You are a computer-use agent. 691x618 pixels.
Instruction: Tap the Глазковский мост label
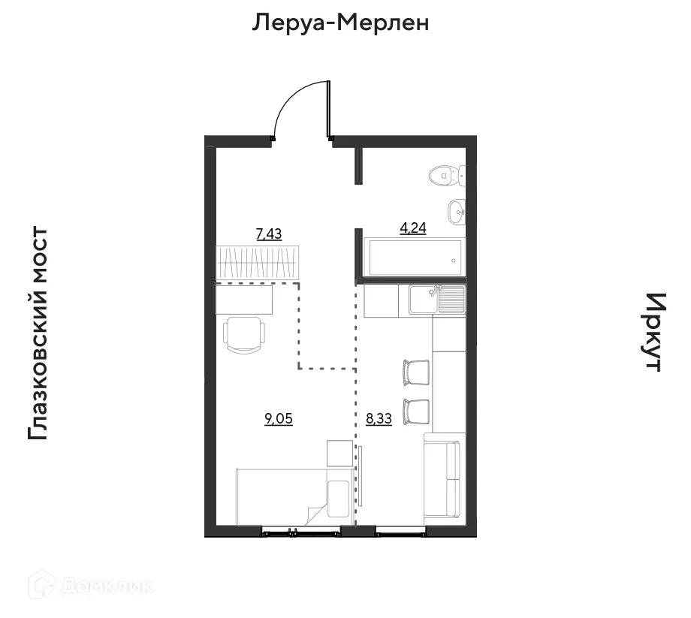click(x=38, y=334)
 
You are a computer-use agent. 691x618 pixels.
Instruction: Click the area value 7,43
click(x=269, y=234)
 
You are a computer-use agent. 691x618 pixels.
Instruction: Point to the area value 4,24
click(x=412, y=229)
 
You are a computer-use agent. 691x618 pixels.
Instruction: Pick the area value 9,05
click(x=278, y=419)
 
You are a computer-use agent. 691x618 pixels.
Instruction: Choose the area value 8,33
click(x=379, y=419)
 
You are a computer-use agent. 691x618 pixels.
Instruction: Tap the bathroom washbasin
click(x=457, y=213)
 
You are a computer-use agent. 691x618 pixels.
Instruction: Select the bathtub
click(x=413, y=258)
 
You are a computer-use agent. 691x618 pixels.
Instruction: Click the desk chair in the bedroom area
click(x=245, y=334)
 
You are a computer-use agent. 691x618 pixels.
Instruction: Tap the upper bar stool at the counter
click(x=416, y=372)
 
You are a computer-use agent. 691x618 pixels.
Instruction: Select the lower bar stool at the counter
click(x=416, y=411)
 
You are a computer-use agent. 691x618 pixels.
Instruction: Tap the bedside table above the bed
click(x=339, y=454)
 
